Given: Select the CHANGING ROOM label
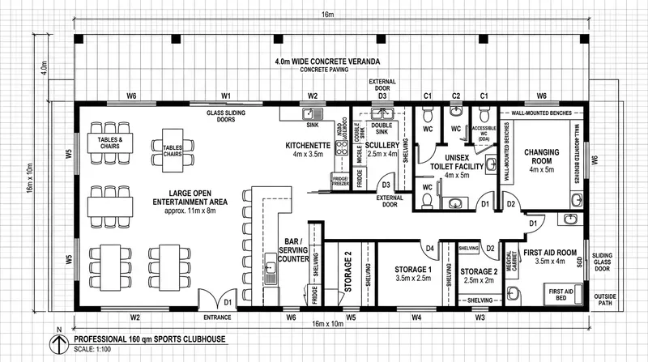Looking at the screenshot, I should (543, 154).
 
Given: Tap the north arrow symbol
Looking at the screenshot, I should (58, 343).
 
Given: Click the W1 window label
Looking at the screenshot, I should (227, 96).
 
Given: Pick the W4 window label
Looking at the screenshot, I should (416, 317).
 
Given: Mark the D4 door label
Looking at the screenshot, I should (431, 248).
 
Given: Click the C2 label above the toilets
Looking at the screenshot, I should (456, 96).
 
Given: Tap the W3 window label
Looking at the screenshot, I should (480, 317).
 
